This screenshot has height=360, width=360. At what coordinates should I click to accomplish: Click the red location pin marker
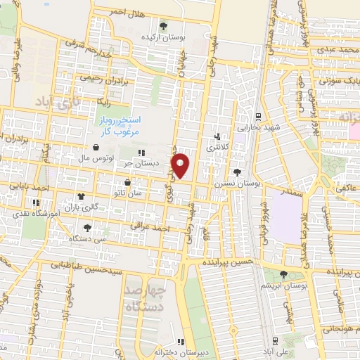click(181, 165)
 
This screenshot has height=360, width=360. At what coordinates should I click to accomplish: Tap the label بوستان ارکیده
click(163, 36)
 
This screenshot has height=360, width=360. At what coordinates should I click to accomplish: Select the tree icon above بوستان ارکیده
click(163, 26)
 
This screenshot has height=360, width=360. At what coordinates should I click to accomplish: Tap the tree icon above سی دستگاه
click(87, 228)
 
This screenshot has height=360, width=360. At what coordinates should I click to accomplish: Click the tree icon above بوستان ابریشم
click(284, 274)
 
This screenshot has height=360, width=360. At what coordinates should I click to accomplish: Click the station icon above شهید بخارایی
click(258, 117)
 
